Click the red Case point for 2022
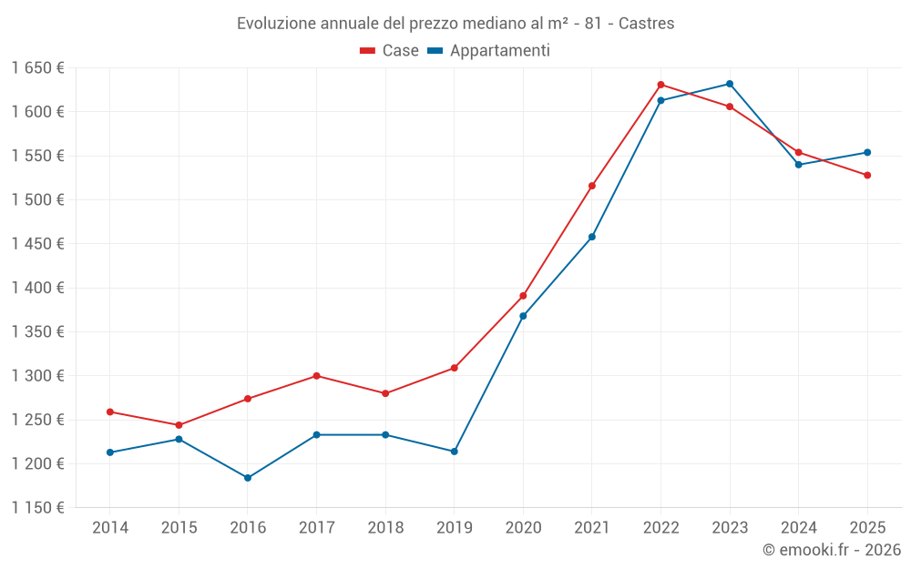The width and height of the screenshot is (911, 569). (660, 85)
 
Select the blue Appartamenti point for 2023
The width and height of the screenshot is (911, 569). (730, 84)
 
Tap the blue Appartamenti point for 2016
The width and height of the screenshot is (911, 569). (248, 478)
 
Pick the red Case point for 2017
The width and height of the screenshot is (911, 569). (316, 376)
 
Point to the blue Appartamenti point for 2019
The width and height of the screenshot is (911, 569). (454, 452)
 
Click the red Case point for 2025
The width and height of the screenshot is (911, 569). (867, 175)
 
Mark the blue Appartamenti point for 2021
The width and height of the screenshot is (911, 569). (592, 237)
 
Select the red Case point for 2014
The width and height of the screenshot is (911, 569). (110, 412)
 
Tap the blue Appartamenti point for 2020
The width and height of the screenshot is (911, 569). (523, 316)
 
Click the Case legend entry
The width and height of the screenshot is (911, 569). (390, 51)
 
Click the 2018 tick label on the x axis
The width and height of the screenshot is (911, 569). (385, 527)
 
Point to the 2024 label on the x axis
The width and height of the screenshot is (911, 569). (798, 527)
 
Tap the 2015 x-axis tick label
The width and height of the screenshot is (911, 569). (179, 527)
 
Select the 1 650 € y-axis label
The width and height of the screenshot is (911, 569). (37, 68)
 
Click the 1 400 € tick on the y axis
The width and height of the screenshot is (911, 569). (37, 288)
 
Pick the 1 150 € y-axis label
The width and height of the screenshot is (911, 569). (37, 508)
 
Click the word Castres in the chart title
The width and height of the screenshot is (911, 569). (646, 24)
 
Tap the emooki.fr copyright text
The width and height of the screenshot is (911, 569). (832, 550)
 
